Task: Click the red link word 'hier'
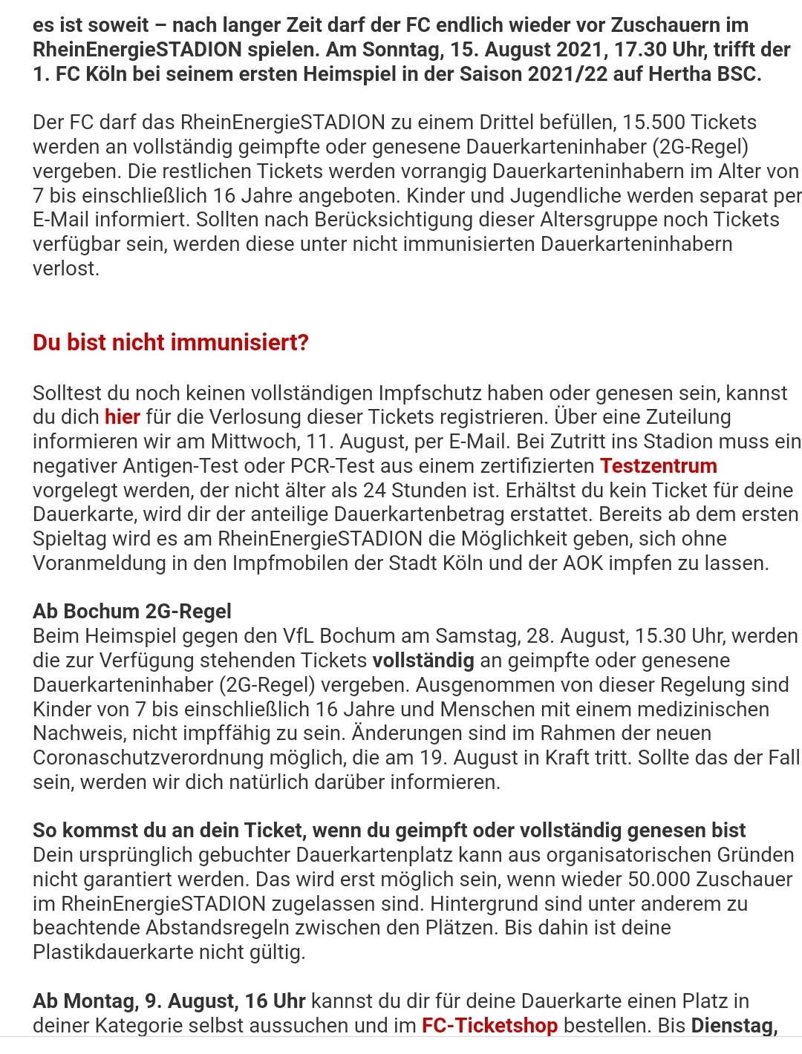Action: point(123,417)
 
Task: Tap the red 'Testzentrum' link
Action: point(659,466)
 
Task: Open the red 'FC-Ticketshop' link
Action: point(489,1026)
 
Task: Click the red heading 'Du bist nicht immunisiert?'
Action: point(170,343)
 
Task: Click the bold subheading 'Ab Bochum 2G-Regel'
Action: point(132,612)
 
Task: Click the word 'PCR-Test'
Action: point(405,466)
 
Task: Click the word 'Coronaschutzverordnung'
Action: point(167,758)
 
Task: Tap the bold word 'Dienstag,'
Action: point(734,1026)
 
